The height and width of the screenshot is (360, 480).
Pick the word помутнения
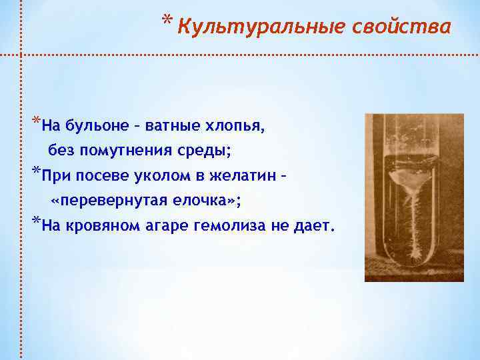[x=128, y=151]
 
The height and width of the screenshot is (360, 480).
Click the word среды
[x=207, y=151]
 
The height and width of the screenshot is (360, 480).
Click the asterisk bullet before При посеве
[x=35, y=173]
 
